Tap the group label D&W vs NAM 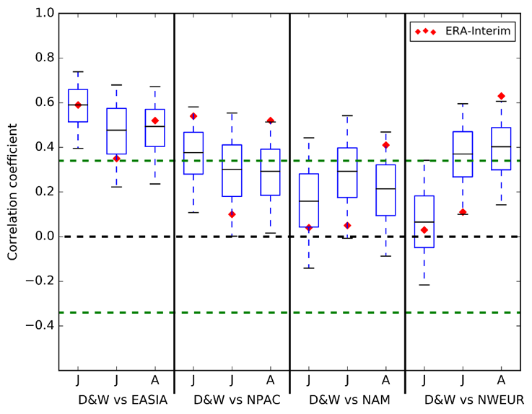point(349,399)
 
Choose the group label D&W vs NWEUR point(474,399)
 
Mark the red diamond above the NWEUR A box point(501,96)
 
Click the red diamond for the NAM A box point(385,145)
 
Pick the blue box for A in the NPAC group point(270,172)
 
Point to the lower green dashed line point(289,312)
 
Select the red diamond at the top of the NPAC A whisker point(270,120)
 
